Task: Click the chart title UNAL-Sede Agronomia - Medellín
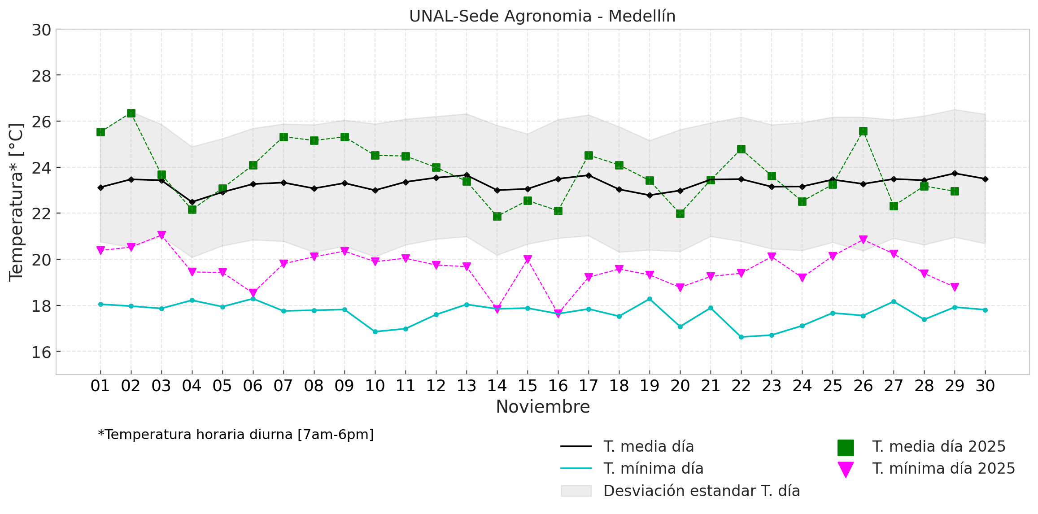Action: [542, 16]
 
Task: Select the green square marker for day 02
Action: [131, 113]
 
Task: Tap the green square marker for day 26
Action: [863, 131]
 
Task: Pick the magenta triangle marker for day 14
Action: [497, 309]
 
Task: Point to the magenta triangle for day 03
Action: [161, 235]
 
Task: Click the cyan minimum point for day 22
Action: [741, 337]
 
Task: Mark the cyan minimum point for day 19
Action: [650, 299]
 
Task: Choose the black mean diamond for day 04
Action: [192, 202]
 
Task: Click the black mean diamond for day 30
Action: [985, 179]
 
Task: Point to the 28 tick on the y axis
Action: [41, 76]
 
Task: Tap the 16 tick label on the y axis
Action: [41, 352]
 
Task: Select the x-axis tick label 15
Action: [528, 386]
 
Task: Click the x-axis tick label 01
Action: [100, 386]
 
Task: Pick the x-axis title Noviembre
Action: [543, 407]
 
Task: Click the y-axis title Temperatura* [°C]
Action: [16, 202]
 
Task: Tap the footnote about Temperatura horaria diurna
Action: [236, 435]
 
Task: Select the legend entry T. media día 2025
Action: [938, 447]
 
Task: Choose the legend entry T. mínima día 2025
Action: [943, 469]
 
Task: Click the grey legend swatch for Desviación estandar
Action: [576, 491]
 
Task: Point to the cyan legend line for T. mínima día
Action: [576, 469]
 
